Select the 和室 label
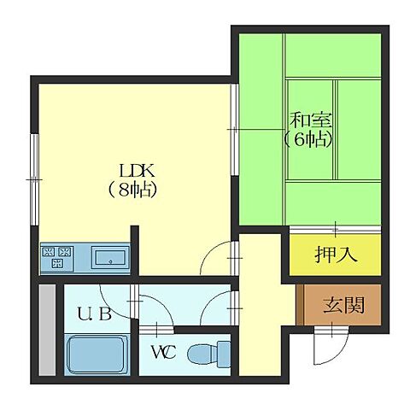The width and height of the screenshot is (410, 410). (x=308, y=119)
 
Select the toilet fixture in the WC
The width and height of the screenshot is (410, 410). (x=210, y=351)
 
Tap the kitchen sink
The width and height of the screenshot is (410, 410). (x=110, y=256)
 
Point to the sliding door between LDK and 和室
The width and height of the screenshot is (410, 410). (x=233, y=128)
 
